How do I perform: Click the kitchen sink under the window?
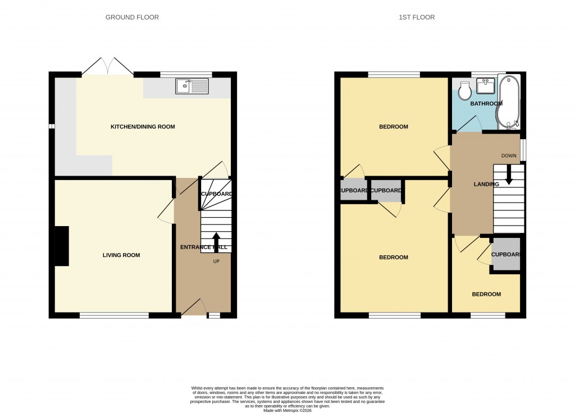pos(192,86)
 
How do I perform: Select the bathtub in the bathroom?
pos(508,102)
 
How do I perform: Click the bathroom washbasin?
pos(485,86)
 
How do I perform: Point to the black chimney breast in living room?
pos(61,246)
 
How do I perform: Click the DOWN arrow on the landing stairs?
pos(509,175)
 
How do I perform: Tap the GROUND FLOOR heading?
pos(132,17)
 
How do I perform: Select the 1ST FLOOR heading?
pos(417,17)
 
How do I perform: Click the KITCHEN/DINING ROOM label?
pos(143,127)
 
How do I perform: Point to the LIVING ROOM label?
pos(121,255)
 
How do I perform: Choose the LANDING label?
pos(486,184)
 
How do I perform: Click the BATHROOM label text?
pos(486,104)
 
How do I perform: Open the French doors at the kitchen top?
pos(108,67)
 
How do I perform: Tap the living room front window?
pos(114,315)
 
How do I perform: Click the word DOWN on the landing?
pos(509,155)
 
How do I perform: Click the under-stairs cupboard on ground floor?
pos(216,194)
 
